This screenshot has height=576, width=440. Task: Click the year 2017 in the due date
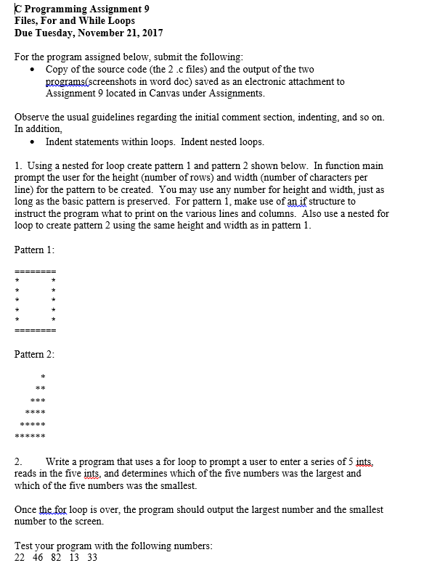[x=149, y=33]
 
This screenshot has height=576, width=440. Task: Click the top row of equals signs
[x=35, y=271]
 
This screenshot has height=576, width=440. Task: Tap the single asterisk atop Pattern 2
[x=44, y=377]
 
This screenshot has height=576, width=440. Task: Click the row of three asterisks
[x=38, y=400]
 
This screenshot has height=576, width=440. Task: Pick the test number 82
[x=57, y=557]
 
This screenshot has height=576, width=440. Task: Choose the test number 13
[x=74, y=557]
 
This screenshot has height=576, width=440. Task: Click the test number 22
[x=20, y=557]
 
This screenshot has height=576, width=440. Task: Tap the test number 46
[x=38, y=557]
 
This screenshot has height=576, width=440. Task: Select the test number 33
[x=91, y=557]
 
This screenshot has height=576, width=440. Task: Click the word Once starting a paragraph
[x=26, y=509]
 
